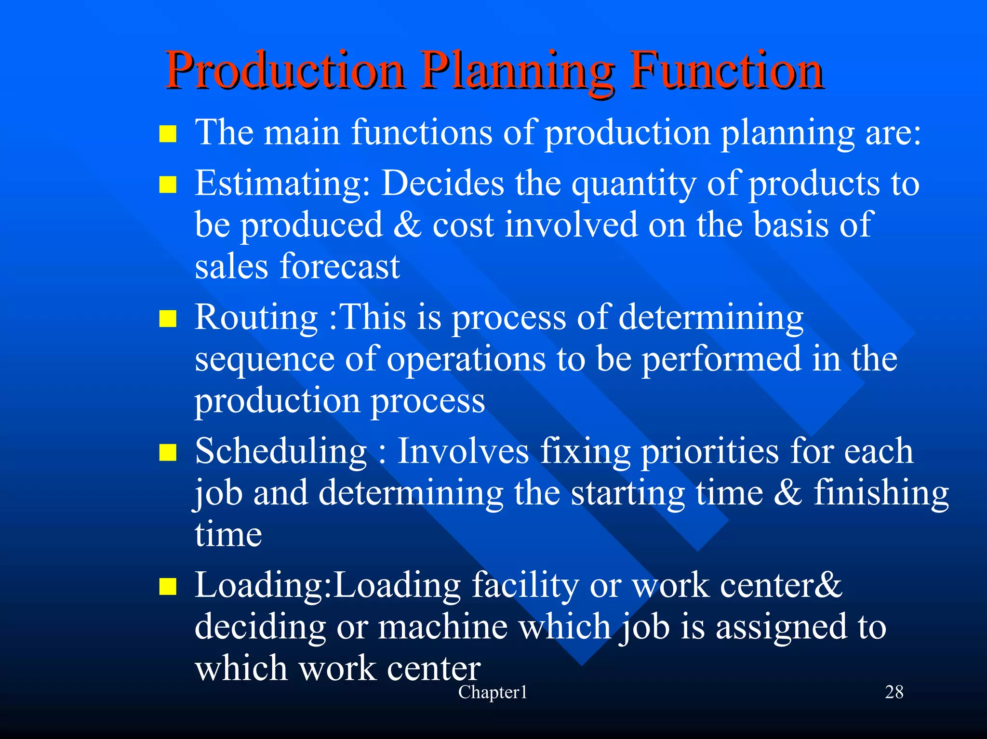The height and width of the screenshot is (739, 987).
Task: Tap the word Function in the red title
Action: [728, 71]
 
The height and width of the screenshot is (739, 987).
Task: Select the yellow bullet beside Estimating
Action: [168, 184]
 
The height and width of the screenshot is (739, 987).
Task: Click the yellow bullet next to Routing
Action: [168, 318]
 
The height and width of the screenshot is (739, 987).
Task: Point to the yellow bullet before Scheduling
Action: [168, 452]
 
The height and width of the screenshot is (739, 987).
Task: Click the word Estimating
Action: [282, 184]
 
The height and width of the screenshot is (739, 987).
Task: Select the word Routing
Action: [256, 318]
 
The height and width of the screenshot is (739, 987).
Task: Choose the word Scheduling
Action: [281, 452]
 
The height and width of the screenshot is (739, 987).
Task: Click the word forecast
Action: [340, 266]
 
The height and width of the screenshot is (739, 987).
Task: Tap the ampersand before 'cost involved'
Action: [407, 225]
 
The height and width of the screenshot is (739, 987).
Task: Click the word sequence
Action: [264, 360]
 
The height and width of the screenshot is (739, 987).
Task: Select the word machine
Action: [442, 627]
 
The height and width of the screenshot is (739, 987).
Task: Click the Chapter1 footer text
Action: [493, 692]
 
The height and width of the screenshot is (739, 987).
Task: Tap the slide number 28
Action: [894, 692]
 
